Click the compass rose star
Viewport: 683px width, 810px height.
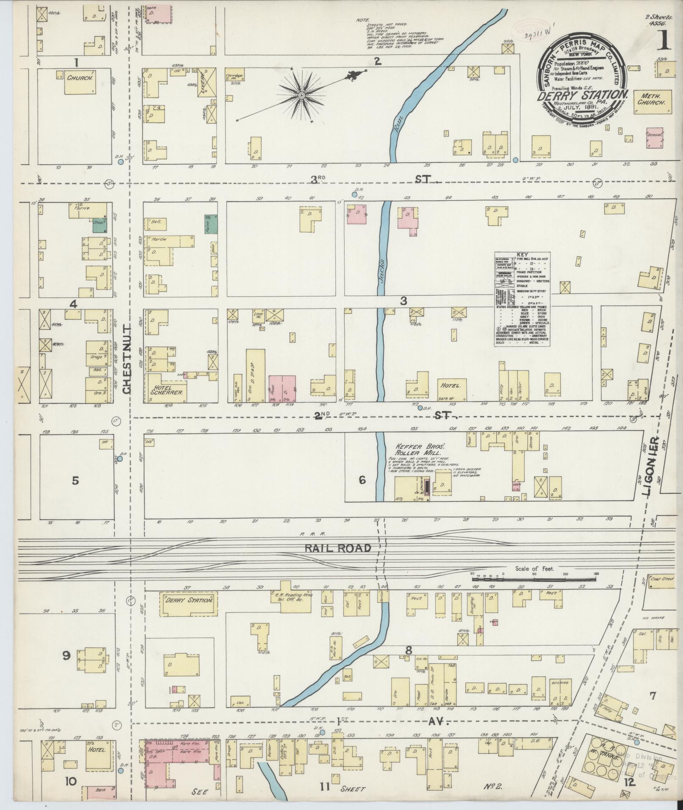[x=301, y=96]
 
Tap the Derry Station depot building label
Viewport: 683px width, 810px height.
[x=188, y=600]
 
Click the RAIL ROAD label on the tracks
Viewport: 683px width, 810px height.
[x=337, y=548]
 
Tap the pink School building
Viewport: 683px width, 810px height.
[x=655, y=138]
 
